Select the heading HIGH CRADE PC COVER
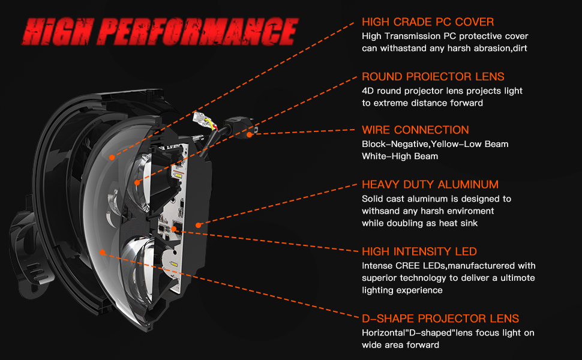point(428,22)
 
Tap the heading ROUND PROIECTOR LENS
point(433,77)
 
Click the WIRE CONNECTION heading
point(415,130)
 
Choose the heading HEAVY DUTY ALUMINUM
point(430,184)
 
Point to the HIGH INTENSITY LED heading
point(419,251)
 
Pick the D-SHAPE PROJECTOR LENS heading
point(440,319)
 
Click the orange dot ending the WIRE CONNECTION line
point(250,133)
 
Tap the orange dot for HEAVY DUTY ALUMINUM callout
point(198,225)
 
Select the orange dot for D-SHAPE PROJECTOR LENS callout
point(103,253)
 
